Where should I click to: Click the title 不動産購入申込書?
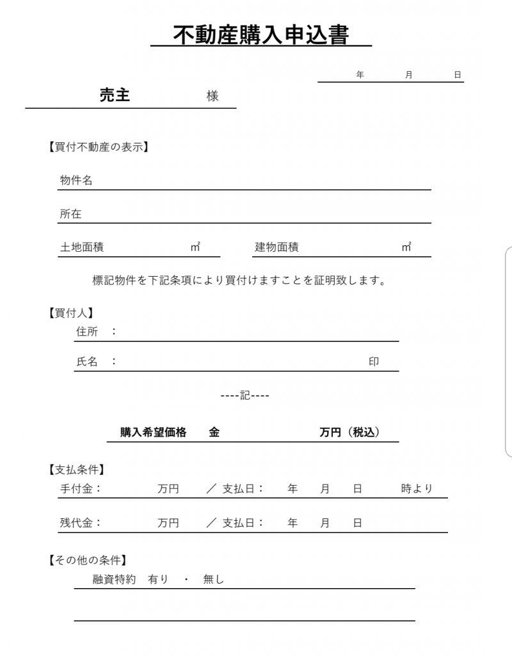point(261,35)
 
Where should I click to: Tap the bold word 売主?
point(115,95)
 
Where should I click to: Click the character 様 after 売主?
point(212,96)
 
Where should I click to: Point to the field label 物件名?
point(76,181)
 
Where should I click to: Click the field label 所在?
point(70,214)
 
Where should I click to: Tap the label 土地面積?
point(82,247)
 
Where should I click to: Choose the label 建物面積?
point(276,247)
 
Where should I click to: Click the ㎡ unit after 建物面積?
point(406,247)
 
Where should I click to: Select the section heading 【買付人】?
point(70,313)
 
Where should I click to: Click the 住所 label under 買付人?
point(87,332)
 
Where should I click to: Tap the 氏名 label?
point(87,362)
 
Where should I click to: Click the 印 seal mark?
point(374,362)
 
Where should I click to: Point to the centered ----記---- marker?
point(245,395)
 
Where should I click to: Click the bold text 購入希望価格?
point(154,432)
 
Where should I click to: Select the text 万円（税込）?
point(350,432)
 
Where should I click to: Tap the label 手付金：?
point(81,489)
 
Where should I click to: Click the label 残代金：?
point(81,523)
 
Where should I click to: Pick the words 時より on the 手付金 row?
point(417,489)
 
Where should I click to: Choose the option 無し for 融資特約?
point(214,580)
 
